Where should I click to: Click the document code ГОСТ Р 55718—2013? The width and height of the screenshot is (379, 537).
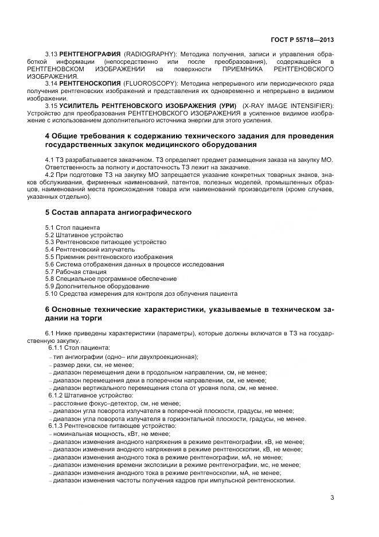click(x=302, y=40)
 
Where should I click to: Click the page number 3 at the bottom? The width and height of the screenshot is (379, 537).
click(x=332, y=497)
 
